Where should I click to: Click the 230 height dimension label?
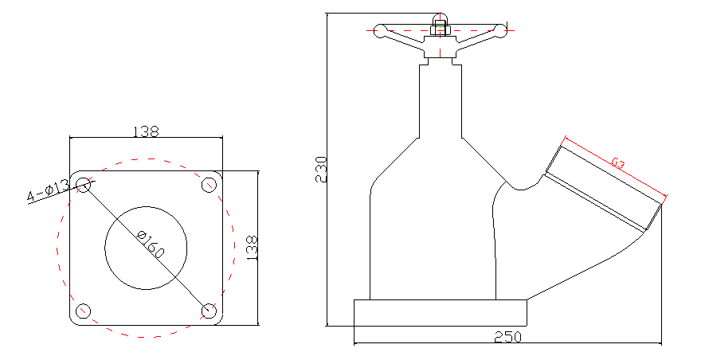322,169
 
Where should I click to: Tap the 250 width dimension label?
508,337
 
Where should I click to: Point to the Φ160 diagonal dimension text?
151,245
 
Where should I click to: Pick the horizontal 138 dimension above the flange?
146,131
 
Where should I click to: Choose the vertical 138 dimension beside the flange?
253,248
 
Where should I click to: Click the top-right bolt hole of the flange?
209,185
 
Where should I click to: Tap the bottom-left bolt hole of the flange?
83,311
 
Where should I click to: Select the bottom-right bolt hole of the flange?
209,311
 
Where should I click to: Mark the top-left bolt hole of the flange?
83,185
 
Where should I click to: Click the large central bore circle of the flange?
146,248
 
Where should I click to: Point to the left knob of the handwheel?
380,30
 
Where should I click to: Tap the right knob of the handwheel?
500,30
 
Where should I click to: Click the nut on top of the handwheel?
441,29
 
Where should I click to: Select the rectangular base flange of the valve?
441,313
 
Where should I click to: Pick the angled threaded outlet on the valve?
604,186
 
